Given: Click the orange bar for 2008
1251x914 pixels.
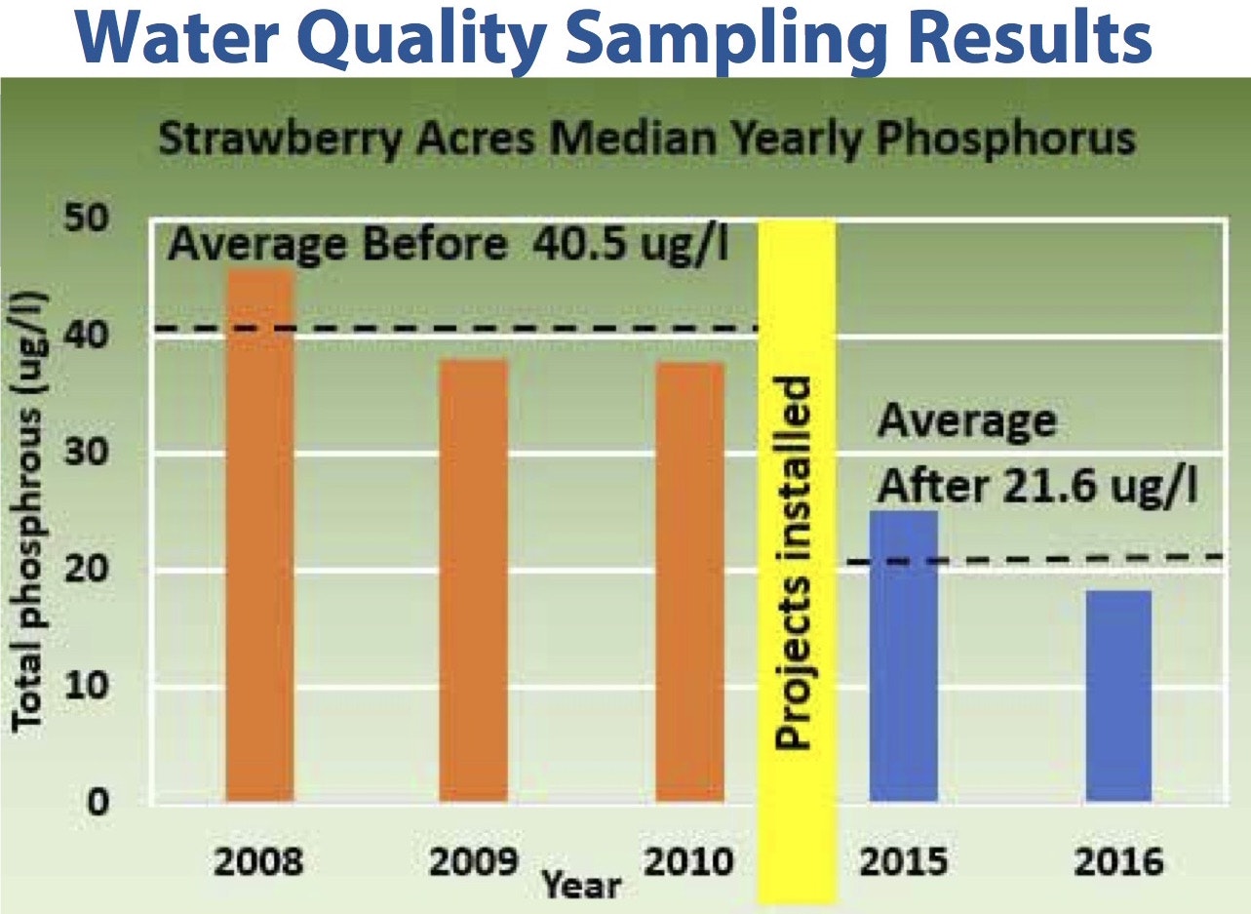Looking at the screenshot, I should [x=259, y=536].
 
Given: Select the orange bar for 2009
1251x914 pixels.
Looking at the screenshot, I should [x=474, y=580].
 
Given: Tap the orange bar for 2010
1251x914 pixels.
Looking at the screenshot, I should [x=689, y=582].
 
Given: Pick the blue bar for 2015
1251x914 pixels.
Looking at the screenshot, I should [x=904, y=656].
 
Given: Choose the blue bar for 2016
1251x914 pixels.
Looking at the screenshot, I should [x=1118, y=695].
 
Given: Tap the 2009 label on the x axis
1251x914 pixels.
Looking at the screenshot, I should [x=475, y=863].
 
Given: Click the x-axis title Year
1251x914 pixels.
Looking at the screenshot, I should [x=581, y=885].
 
